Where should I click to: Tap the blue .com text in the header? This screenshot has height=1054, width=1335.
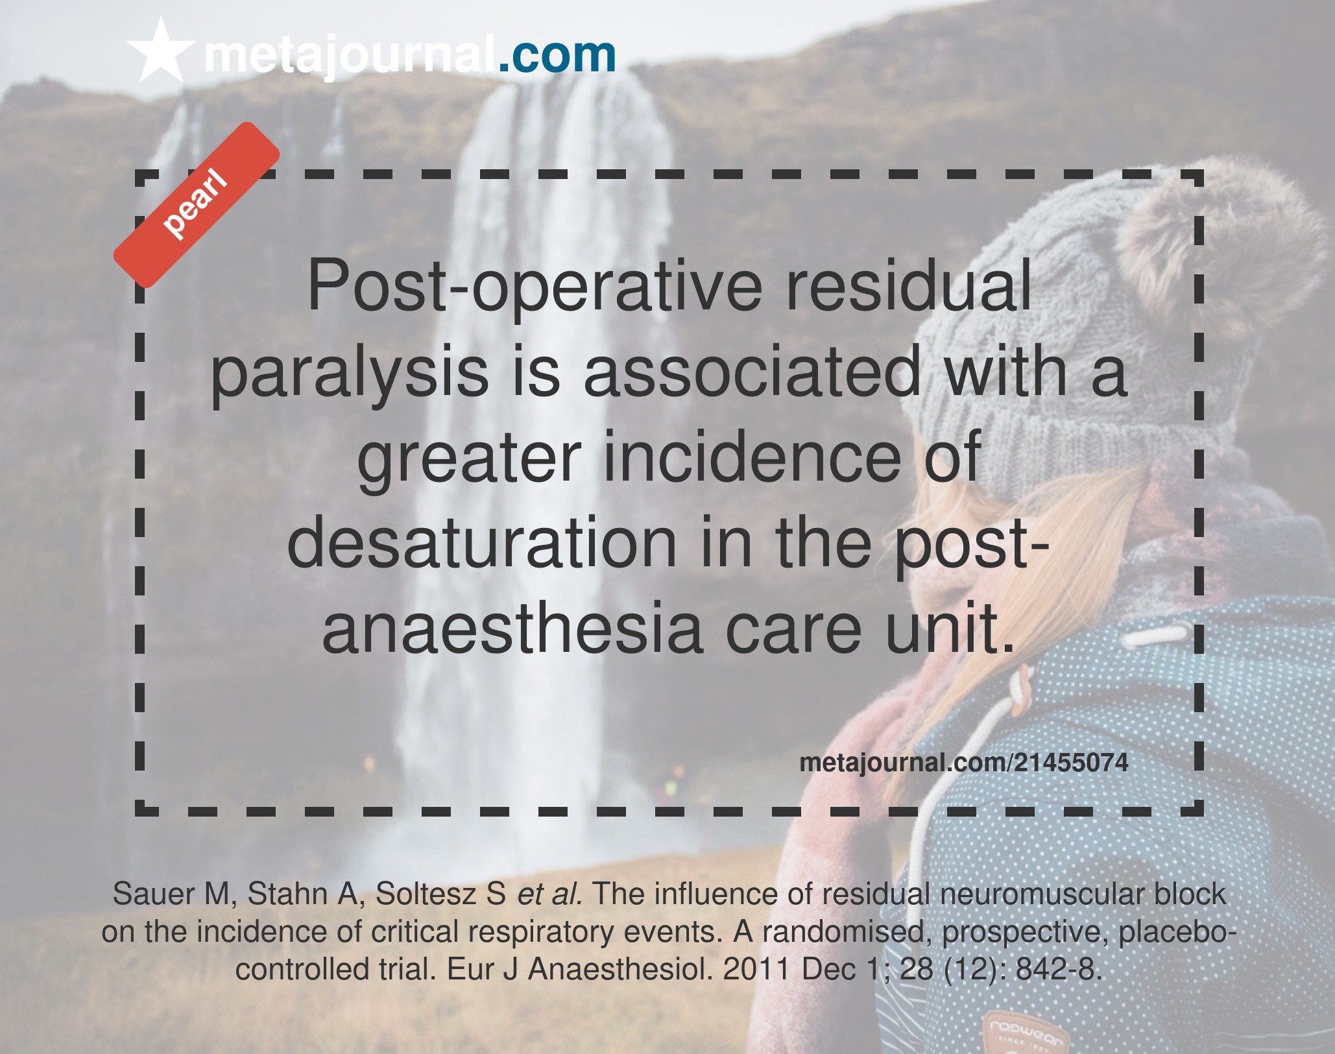click(x=557, y=55)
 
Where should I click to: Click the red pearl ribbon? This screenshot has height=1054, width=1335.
click(x=197, y=204)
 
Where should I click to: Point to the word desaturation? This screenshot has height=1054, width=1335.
click(x=482, y=543)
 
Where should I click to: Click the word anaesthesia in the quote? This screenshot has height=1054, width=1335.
click(x=512, y=629)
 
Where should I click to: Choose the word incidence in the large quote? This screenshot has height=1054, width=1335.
click(x=752, y=457)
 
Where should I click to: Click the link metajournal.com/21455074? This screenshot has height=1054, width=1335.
click(x=964, y=762)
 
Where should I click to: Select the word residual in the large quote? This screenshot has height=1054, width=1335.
click(x=909, y=285)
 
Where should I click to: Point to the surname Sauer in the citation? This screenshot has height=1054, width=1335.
click(x=154, y=894)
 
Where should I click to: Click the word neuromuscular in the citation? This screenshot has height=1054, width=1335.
click(x=1042, y=894)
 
